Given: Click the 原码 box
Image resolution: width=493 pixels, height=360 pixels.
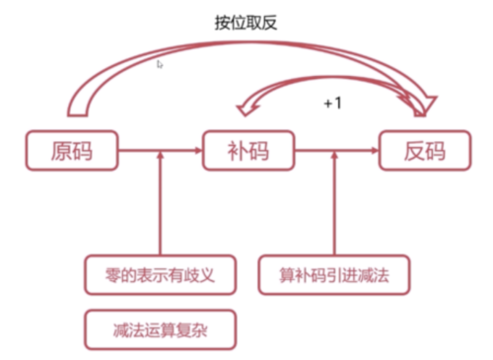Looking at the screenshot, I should coord(72,151).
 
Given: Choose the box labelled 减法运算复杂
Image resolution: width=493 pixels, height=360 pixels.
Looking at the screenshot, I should coord(161,329).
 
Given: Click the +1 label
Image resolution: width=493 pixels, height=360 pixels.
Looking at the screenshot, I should coord(333,102).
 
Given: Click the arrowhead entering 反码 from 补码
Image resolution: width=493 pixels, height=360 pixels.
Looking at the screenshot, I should coord(374,151).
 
